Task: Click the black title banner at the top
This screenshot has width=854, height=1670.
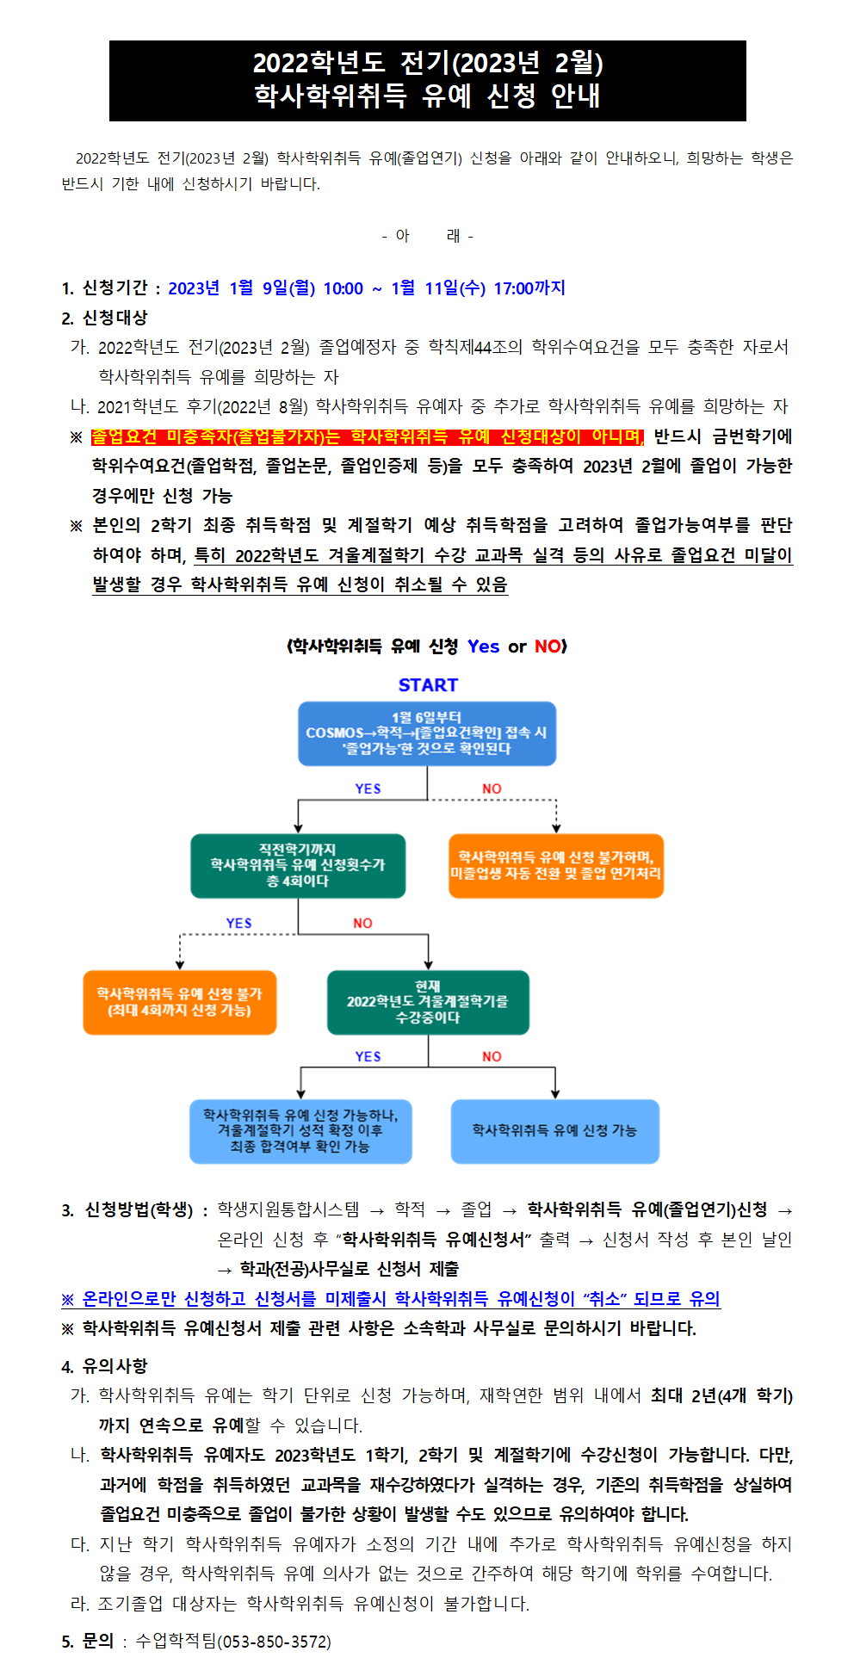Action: click(x=427, y=80)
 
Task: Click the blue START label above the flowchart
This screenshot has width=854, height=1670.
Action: click(x=428, y=685)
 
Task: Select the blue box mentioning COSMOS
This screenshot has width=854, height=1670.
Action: click(x=427, y=733)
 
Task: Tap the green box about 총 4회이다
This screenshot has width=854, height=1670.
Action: click(x=298, y=865)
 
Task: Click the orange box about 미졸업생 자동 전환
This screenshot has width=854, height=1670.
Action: click(x=556, y=865)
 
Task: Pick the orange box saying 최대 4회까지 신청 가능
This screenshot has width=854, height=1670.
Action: click(x=180, y=1002)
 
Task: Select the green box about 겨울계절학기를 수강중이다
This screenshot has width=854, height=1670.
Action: click(x=428, y=1002)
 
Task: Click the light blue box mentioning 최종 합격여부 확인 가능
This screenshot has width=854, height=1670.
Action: click(x=300, y=1131)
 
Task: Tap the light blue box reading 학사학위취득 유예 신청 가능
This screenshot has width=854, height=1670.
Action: click(x=555, y=1131)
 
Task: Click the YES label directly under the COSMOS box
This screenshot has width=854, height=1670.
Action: click(x=368, y=789)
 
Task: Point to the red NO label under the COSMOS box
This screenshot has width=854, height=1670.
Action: click(x=492, y=789)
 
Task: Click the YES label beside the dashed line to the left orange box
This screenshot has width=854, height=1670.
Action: click(x=238, y=923)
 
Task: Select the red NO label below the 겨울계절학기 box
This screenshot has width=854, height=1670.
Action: click(x=492, y=1056)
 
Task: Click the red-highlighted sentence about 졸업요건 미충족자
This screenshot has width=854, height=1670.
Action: click(x=368, y=436)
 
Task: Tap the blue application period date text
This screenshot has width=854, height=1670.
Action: click(x=367, y=288)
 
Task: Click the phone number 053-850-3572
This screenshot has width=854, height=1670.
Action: click(x=274, y=1642)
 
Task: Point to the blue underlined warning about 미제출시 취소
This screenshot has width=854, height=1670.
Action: click(x=391, y=1298)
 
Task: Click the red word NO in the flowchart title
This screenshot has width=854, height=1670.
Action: click(x=548, y=646)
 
